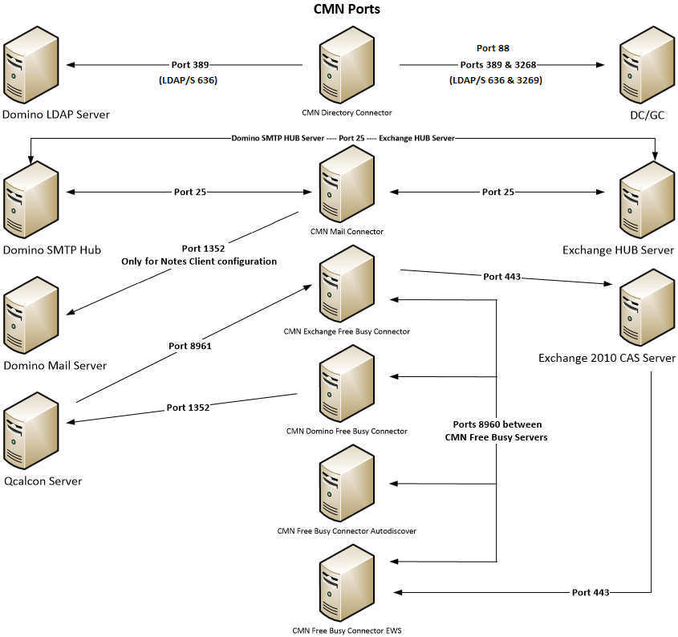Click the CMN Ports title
(346, 10)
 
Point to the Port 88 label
(493, 48)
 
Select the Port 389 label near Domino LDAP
(192, 64)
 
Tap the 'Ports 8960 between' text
(497, 424)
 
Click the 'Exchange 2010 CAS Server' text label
(607, 358)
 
